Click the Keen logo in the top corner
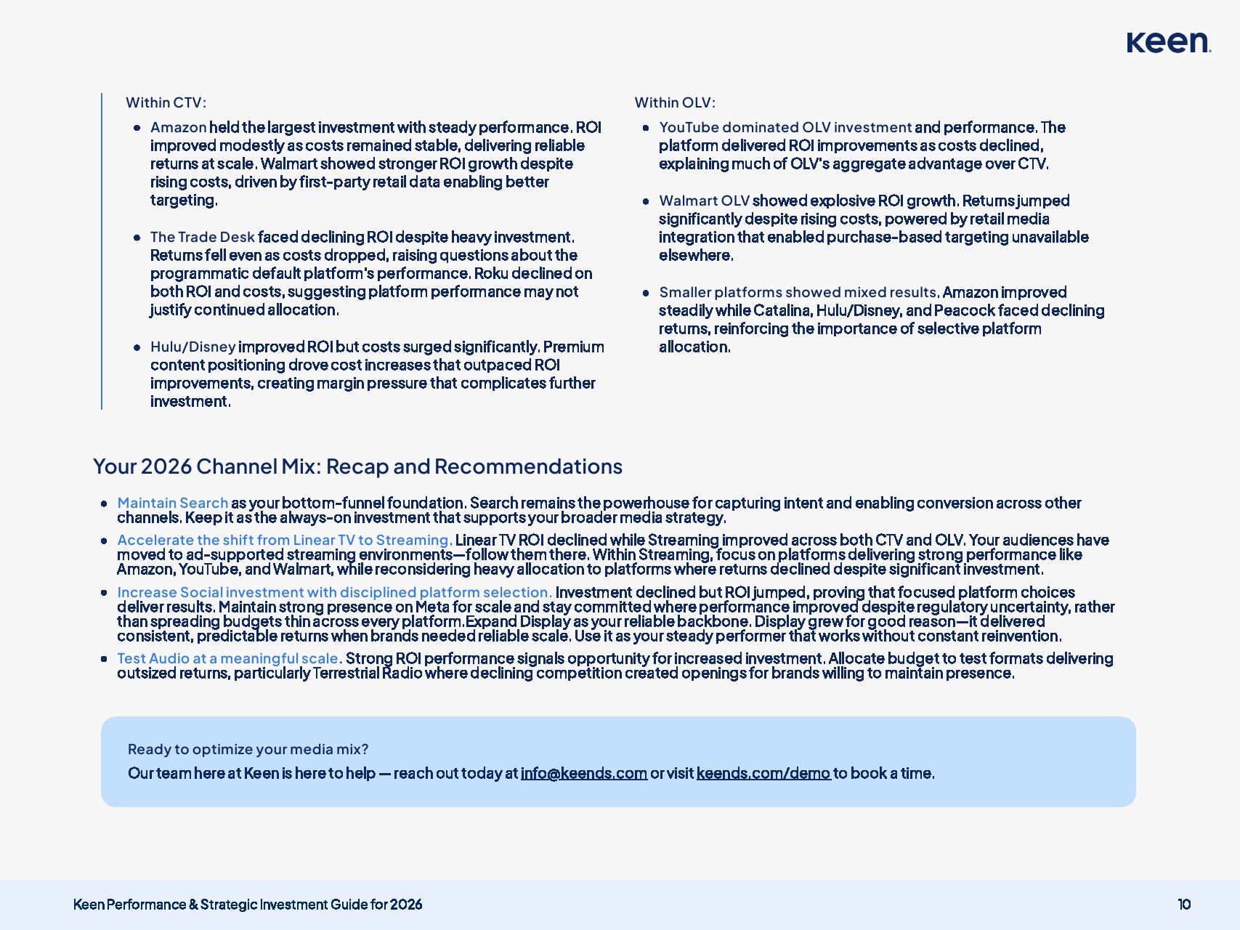pos(1168,42)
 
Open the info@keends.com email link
pos(583,773)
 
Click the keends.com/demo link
pos(763,773)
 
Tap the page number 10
pos(1184,905)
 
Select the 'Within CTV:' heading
pos(166,102)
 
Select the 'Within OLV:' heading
pos(675,102)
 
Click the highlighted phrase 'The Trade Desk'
pos(203,237)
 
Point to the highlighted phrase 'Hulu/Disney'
pos(193,347)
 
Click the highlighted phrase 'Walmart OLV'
pos(704,201)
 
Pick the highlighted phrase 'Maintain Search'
pos(173,503)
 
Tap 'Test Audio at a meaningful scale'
pos(228,658)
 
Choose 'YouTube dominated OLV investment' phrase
pos(785,127)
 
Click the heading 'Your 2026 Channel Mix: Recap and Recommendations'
pos(357,466)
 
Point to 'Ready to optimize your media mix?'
pos(248,749)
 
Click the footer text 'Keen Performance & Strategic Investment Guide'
pos(247,905)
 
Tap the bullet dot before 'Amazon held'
pos(137,128)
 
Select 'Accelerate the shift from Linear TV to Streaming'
pos(284,540)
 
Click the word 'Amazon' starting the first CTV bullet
pos(179,127)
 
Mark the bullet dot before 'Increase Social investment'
pos(104,593)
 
